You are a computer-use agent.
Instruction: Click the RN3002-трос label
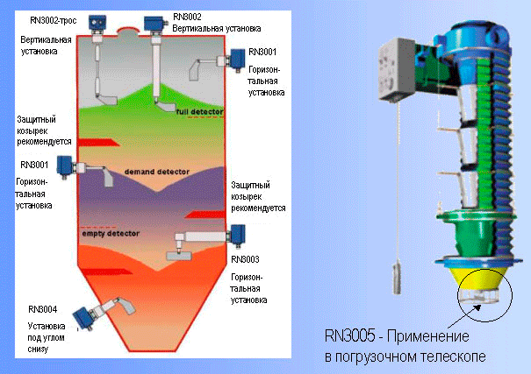click(54, 21)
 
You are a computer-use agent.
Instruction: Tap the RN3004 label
click(43, 309)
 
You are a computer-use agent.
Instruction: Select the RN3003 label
click(245, 259)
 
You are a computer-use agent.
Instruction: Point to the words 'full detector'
click(200, 111)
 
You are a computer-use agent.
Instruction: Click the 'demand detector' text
click(157, 172)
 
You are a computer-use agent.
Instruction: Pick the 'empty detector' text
click(111, 234)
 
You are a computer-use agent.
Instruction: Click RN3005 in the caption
click(350, 336)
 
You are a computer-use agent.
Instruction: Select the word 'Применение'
click(428, 336)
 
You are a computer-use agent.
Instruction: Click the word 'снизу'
click(38, 349)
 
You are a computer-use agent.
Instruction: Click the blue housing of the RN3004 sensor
click(83, 318)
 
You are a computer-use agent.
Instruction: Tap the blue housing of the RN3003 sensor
click(237, 234)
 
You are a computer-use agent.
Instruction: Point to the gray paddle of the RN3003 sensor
click(179, 256)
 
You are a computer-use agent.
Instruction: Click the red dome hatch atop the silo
click(128, 30)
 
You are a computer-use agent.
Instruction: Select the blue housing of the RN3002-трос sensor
click(97, 23)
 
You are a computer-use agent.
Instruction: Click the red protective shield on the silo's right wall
click(205, 215)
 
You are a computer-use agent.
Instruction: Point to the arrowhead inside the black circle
click(477, 307)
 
